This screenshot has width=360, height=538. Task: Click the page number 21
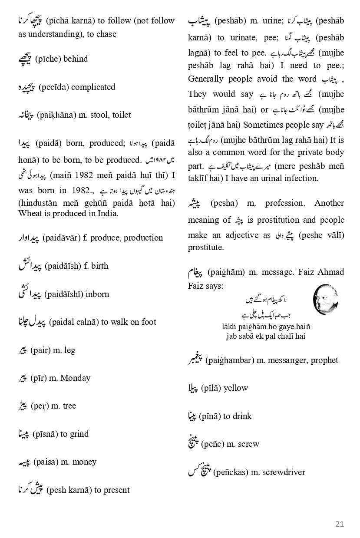pyautogui.click(x=339, y=524)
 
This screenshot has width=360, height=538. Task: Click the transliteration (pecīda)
pyautogui.click(x=53, y=87)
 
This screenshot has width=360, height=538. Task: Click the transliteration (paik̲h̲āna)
pyautogui.click(x=55, y=115)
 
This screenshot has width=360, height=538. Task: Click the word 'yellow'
pyautogui.click(x=235, y=388)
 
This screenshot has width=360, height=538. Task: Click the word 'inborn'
pyautogui.click(x=97, y=294)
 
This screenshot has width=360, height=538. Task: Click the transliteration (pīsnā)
pyautogui.click(x=45, y=434)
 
